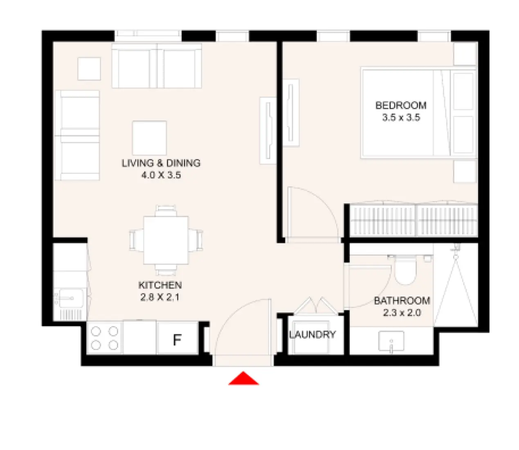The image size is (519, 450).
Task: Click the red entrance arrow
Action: click(243, 379)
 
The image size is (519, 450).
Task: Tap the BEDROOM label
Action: click(401, 106)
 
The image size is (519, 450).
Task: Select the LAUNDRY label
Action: click(312, 335)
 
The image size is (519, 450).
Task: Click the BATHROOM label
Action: click(402, 301)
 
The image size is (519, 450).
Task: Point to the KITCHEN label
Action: click(160, 285)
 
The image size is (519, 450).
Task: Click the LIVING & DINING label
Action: click(161, 163)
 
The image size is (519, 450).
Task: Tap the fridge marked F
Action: click(177, 339)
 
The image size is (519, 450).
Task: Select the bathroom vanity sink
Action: click(391, 342)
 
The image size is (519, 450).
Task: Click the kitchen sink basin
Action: click(70, 298)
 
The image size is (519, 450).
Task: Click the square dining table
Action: click(166, 240)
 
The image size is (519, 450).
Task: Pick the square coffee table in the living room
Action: click(149, 137)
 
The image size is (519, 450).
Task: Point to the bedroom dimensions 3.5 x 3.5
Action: click(401, 118)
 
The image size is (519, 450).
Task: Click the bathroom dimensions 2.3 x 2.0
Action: click(402, 313)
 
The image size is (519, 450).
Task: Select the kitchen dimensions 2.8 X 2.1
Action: click(160, 297)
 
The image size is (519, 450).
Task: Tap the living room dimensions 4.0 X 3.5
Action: click(161, 175)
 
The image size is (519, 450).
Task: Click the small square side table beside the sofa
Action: click(89, 69)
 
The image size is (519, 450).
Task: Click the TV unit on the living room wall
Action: click(268, 130)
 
